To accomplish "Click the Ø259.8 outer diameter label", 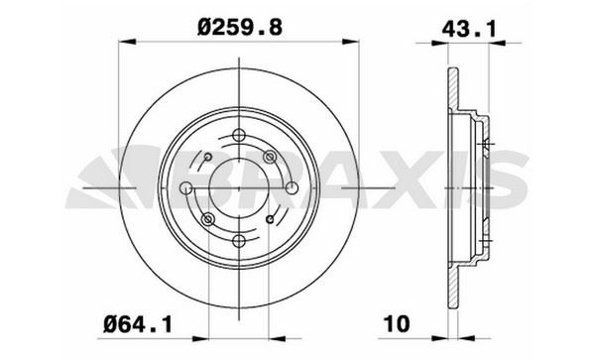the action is (x=240, y=28).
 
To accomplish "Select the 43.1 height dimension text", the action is (x=469, y=29).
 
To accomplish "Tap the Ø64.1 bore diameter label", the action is (x=138, y=324).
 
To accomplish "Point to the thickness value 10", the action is (x=397, y=324).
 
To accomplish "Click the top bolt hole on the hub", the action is (x=239, y=135).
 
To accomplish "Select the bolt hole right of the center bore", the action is (x=292, y=187).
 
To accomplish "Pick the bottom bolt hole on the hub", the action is (x=239, y=241).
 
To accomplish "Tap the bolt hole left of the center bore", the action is (x=185, y=187).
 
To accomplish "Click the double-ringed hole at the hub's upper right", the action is (x=270, y=157).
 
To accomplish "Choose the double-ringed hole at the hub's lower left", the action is (x=207, y=219).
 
